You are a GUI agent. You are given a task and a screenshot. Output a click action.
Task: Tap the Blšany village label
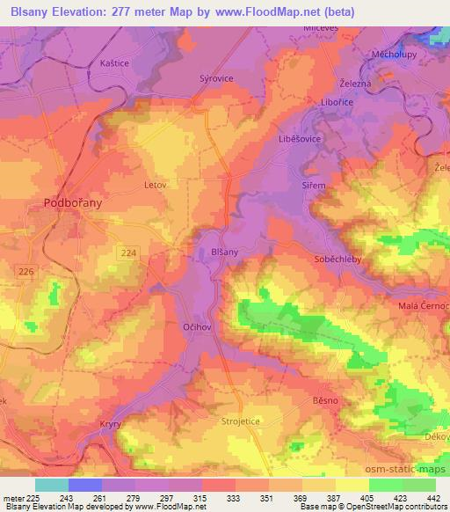(x=224, y=252)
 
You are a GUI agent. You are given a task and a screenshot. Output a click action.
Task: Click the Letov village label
(x=155, y=186)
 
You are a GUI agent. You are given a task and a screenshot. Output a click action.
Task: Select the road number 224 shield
(x=129, y=252)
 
